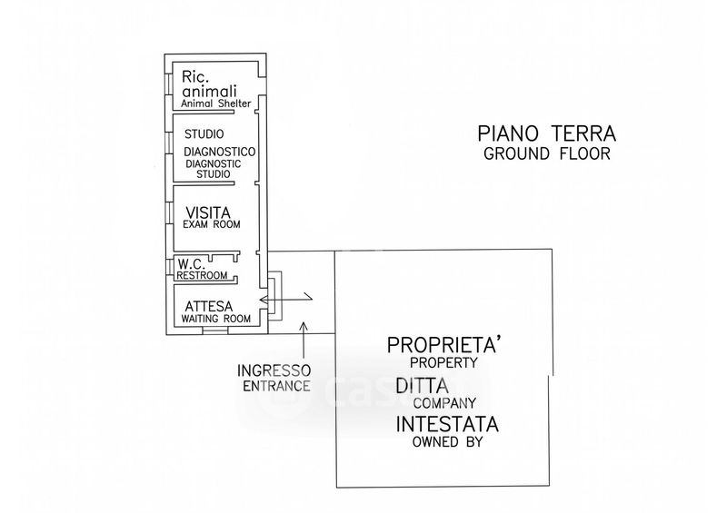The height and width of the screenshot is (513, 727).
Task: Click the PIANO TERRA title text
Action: pyautogui.click(x=547, y=134)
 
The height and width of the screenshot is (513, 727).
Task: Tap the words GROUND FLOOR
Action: pyautogui.click(x=547, y=153)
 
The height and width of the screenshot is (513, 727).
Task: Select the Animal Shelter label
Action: pyautogui.click(x=216, y=104)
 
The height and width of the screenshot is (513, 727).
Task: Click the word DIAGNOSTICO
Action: pyautogui.click(x=219, y=152)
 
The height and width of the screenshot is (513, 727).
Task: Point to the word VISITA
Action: pyautogui.click(x=208, y=212)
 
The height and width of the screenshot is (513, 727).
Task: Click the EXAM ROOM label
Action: pyautogui.click(x=212, y=224)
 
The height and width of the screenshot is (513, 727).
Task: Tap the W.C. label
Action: pyautogui.click(x=192, y=264)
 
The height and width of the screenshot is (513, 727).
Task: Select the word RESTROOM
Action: pyautogui.click(x=202, y=275)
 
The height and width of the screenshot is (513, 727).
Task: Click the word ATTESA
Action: pyautogui.click(x=209, y=306)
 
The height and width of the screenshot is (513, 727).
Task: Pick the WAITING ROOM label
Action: pyautogui.click(x=215, y=319)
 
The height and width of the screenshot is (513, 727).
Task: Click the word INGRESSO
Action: pyautogui.click(x=274, y=370)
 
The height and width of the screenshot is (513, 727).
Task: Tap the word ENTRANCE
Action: pyautogui.click(x=277, y=386)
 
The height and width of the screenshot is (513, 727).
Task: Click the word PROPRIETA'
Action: pyautogui.click(x=444, y=345)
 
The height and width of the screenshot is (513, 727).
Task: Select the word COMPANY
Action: pyautogui.click(x=444, y=403)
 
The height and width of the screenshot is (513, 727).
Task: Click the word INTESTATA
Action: pyautogui.click(x=447, y=424)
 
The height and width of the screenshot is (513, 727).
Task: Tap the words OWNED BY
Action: pyautogui.click(x=447, y=441)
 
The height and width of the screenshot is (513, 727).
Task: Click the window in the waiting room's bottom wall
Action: pyautogui.click(x=215, y=330)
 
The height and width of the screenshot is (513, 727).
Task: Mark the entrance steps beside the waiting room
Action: pyautogui.click(x=275, y=296)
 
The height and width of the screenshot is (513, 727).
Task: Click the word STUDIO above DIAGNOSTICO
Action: pyautogui.click(x=204, y=134)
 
